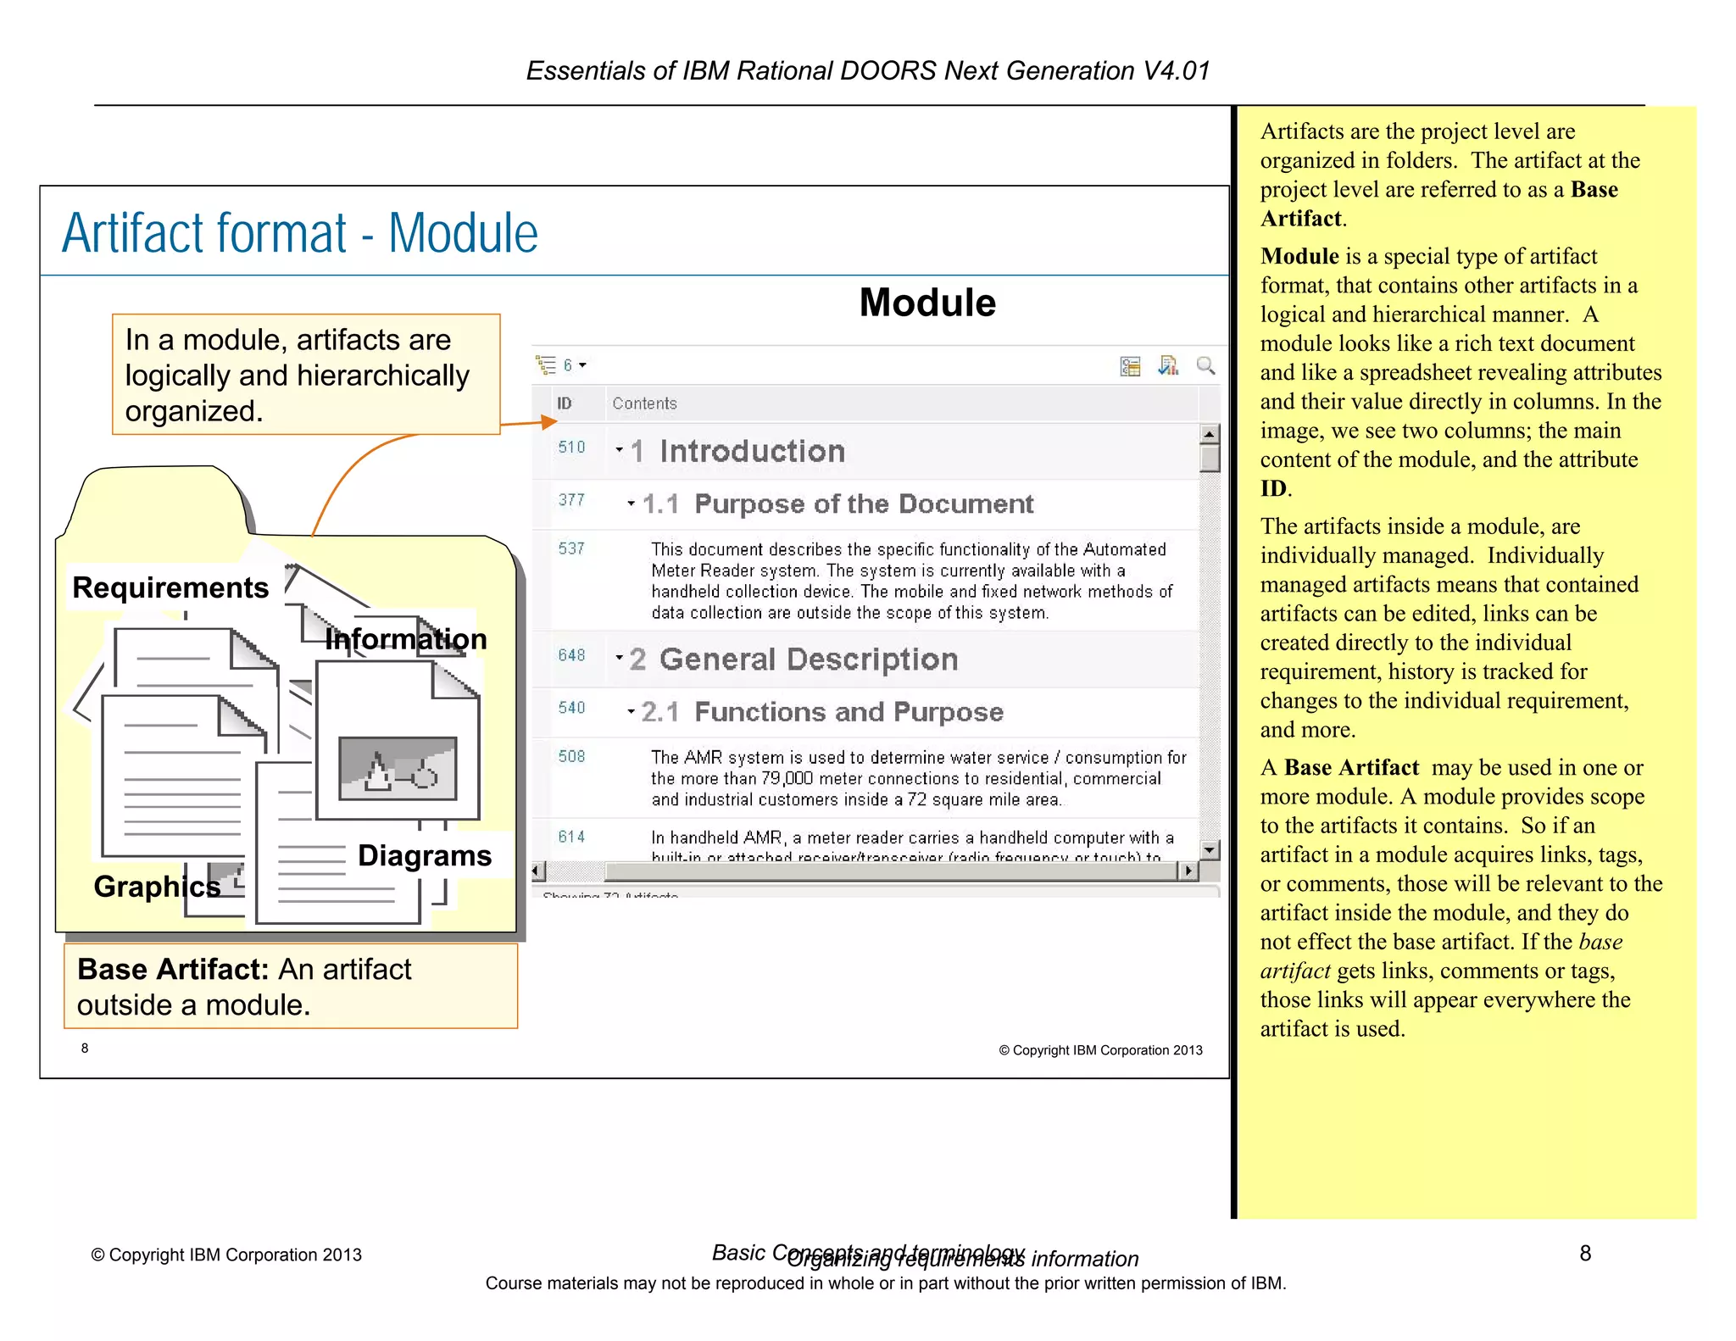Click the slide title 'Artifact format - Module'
299,233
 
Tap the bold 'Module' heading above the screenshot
927,303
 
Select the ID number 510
571,447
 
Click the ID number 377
571,500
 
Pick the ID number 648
571,655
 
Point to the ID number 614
571,837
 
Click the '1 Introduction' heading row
752,451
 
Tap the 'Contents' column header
644,403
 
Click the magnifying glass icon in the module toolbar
1205,366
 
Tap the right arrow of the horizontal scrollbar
1188,871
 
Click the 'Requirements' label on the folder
170,587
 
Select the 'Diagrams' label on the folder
424,855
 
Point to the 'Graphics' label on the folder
157,886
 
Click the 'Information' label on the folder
406,638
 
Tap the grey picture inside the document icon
398,768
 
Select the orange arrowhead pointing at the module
548,421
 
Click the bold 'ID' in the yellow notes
1273,488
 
